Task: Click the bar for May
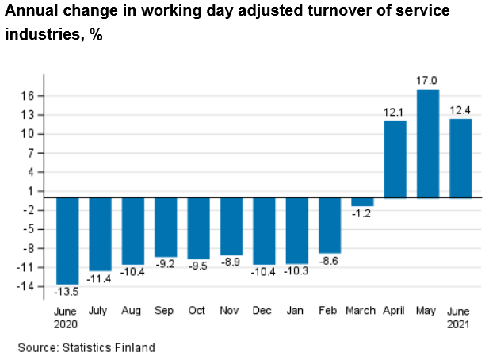(x=428, y=144)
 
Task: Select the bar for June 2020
(x=67, y=240)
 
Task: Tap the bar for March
(x=362, y=201)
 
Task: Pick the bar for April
(x=395, y=159)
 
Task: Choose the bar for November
(x=231, y=226)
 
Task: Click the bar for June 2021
(x=460, y=158)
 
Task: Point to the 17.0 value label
(x=428, y=81)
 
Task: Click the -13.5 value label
(x=67, y=292)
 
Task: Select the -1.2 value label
(x=362, y=214)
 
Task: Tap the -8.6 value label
(x=330, y=260)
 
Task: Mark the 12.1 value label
(x=395, y=112)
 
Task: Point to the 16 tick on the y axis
(x=25, y=96)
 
